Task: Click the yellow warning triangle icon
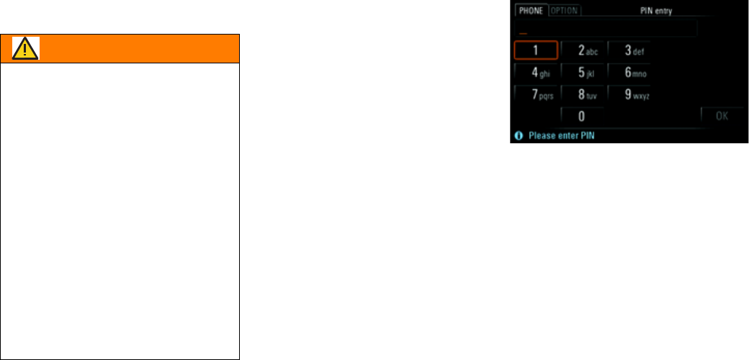[x=26, y=48]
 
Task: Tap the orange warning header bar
[x=137, y=48]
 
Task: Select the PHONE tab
[x=531, y=11]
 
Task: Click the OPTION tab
[x=565, y=11]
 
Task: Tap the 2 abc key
[x=583, y=50]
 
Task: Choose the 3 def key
[x=629, y=50]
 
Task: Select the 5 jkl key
[x=583, y=72]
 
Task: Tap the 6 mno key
[x=629, y=72]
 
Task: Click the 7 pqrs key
[x=536, y=94]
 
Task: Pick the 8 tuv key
[x=583, y=94]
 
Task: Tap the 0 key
[x=582, y=116]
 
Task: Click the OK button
[x=722, y=116]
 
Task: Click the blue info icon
[x=518, y=135]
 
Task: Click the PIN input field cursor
[x=524, y=32]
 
